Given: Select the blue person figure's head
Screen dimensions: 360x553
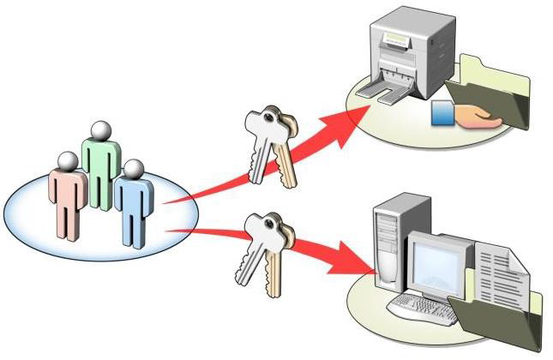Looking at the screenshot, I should [x=133, y=169].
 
